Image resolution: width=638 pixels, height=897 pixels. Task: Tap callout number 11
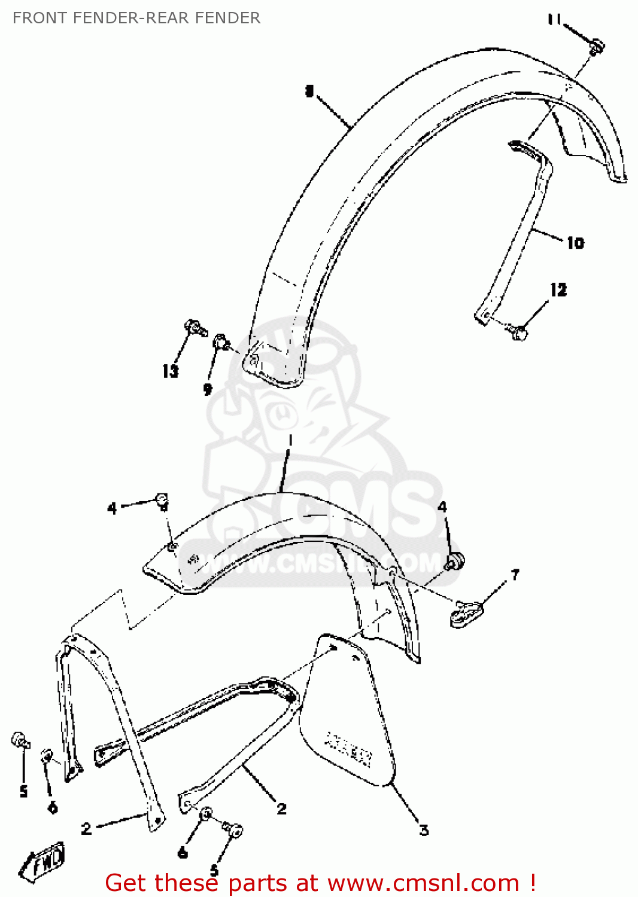[x=554, y=20]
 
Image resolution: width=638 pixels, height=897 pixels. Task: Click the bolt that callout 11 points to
[x=596, y=46]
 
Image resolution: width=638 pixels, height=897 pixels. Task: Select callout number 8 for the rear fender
[x=309, y=91]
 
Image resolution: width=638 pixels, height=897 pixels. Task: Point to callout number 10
[x=575, y=243]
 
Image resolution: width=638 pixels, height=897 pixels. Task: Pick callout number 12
[x=558, y=290]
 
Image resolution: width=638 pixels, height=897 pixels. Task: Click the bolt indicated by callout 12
[x=518, y=331]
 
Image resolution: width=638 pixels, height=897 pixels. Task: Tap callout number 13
[x=171, y=371]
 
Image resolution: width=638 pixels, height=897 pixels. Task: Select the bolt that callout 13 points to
[x=195, y=327]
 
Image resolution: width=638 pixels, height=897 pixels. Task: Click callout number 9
[x=208, y=389]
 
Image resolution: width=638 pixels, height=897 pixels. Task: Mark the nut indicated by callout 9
[x=221, y=343]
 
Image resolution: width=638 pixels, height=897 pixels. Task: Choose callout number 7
[x=515, y=575]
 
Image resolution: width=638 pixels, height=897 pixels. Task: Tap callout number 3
[x=424, y=830]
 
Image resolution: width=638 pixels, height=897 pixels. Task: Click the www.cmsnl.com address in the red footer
[x=423, y=883]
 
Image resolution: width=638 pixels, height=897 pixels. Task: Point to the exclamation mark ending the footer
[x=532, y=883]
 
